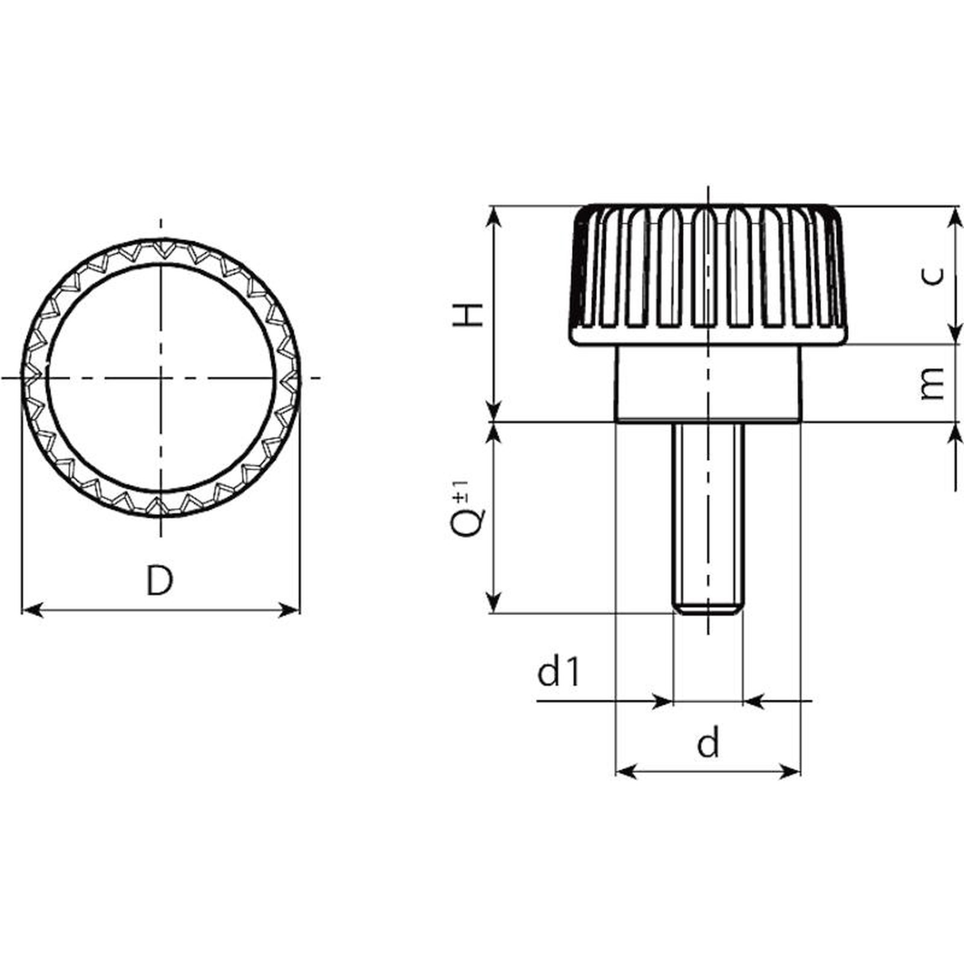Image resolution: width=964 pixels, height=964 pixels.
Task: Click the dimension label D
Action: click(160, 580)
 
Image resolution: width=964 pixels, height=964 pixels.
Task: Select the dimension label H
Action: click(469, 315)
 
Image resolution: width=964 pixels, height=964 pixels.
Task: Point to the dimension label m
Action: click(933, 383)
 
